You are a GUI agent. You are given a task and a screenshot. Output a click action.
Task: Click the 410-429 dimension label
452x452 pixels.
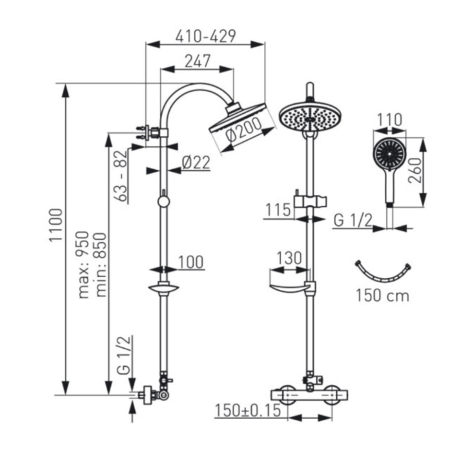[x=205, y=36]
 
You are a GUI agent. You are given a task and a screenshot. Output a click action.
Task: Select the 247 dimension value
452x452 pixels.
[x=198, y=61]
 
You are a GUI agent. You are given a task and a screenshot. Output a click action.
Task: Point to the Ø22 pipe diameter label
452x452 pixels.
[x=196, y=163]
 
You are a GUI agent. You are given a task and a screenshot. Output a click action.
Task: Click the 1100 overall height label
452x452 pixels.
[x=56, y=225]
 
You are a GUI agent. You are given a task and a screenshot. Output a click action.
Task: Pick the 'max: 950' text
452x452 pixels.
[x=84, y=264]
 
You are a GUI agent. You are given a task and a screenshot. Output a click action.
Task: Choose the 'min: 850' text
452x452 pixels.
[x=101, y=265]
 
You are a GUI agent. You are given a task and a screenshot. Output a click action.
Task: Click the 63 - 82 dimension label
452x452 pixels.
[x=121, y=176]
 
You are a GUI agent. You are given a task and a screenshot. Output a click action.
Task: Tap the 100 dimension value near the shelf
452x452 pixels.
[x=191, y=262]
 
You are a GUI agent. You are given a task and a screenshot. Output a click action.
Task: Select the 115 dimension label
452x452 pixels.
[x=278, y=210]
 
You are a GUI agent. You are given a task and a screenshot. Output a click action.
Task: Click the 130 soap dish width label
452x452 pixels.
[x=289, y=258]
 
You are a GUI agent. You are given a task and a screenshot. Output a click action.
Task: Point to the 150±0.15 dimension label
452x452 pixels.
[x=248, y=410]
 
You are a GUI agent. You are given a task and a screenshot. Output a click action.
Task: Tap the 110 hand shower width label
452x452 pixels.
[x=389, y=119]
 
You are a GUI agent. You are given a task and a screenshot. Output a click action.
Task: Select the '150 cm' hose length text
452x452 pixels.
[x=382, y=296]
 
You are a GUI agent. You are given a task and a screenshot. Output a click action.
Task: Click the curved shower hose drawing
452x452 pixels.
[x=382, y=280]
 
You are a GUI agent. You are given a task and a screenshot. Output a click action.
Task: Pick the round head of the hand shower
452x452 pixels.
[x=389, y=154]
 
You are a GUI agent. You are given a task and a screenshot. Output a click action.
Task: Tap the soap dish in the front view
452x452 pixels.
[x=290, y=287]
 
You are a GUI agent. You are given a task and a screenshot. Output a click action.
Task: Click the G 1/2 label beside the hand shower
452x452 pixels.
[x=353, y=221]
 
